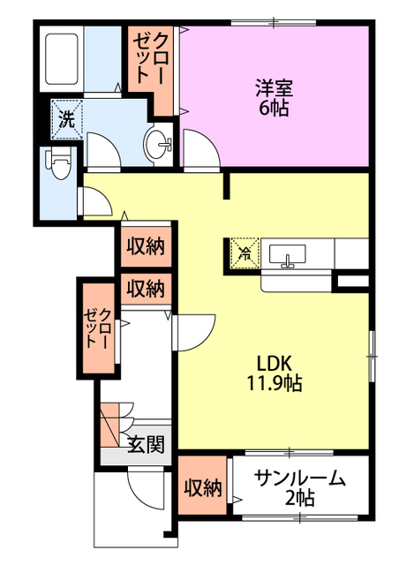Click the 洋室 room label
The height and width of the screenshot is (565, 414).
274,89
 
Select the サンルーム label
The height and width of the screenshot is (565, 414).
299,479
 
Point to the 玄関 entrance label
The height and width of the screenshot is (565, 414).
146,444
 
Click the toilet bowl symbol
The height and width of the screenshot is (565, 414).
60,162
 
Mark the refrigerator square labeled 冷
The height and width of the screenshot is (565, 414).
243,252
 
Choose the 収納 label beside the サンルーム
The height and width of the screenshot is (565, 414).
203,487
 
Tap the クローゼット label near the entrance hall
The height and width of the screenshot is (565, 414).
96,328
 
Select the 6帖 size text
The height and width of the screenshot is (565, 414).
274,109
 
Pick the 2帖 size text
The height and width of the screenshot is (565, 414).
299,499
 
